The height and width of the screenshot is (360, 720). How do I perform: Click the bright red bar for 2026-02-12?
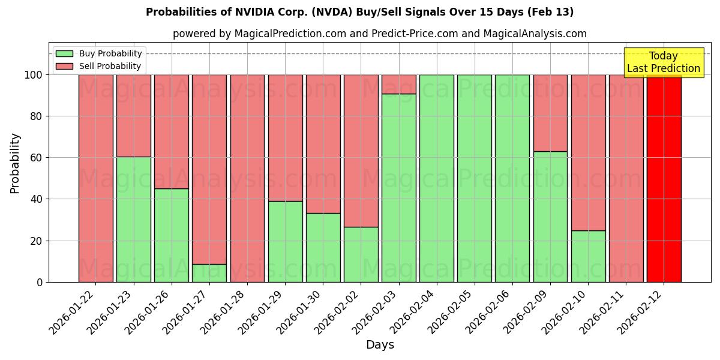pyautogui.click(x=664, y=178)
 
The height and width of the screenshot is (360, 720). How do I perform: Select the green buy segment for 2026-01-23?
pyautogui.click(x=133, y=219)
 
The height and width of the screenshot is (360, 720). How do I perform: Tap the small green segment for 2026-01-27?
pyautogui.click(x=209, y=273)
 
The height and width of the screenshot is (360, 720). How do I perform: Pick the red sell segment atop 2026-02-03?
pyautogui.click(x=399, y=84)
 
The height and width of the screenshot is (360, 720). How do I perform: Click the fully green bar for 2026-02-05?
pyautogui.click(x=475, y=178)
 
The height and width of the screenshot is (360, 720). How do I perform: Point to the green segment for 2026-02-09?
pyautogui.click(x=550, y=217)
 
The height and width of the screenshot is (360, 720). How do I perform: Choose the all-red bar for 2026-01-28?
pyautogui.click(x=247, y=178)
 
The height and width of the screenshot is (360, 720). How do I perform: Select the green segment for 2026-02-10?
pyautogui.click(x=588, y=256)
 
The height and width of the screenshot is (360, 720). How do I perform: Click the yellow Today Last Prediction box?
pyautogui.click(x=663, y=62)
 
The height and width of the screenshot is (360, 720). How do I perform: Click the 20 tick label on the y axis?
pyautogui.click(x=35, y=241)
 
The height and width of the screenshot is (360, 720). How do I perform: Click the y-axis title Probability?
pyautogui.click(x=15, y=163)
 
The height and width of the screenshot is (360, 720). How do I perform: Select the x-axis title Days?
pyautogui.click(x=380, y=345)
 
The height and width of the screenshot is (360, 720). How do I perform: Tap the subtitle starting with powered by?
pyautogui.click(x=380, y=34)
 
